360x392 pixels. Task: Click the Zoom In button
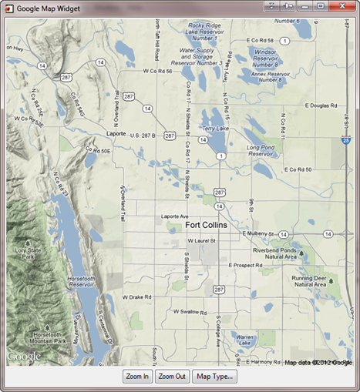136,376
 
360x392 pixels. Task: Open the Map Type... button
215,376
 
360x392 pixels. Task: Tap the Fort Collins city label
213,226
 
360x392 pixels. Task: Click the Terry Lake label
214,129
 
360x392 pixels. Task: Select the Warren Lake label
245,340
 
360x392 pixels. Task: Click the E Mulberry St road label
259,233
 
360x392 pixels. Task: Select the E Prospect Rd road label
246,266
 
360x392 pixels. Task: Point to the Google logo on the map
25,357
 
